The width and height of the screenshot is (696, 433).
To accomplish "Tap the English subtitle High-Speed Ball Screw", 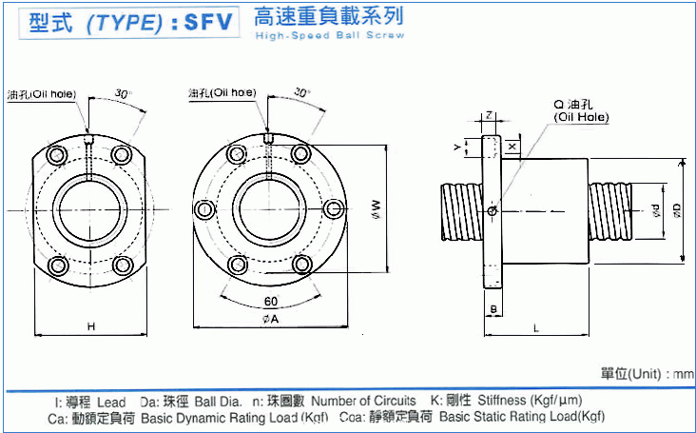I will pos(328,35).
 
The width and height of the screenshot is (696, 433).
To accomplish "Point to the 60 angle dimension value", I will pos(270,302).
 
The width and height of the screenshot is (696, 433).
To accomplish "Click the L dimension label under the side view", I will pos(537,327).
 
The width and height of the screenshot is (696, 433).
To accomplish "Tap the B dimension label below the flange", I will pos(493,308).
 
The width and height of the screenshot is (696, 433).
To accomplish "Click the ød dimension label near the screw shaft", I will pos(655,209).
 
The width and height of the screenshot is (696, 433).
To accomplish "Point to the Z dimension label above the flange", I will pos(488,114).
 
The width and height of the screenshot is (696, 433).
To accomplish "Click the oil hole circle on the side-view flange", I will pos(491,210).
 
